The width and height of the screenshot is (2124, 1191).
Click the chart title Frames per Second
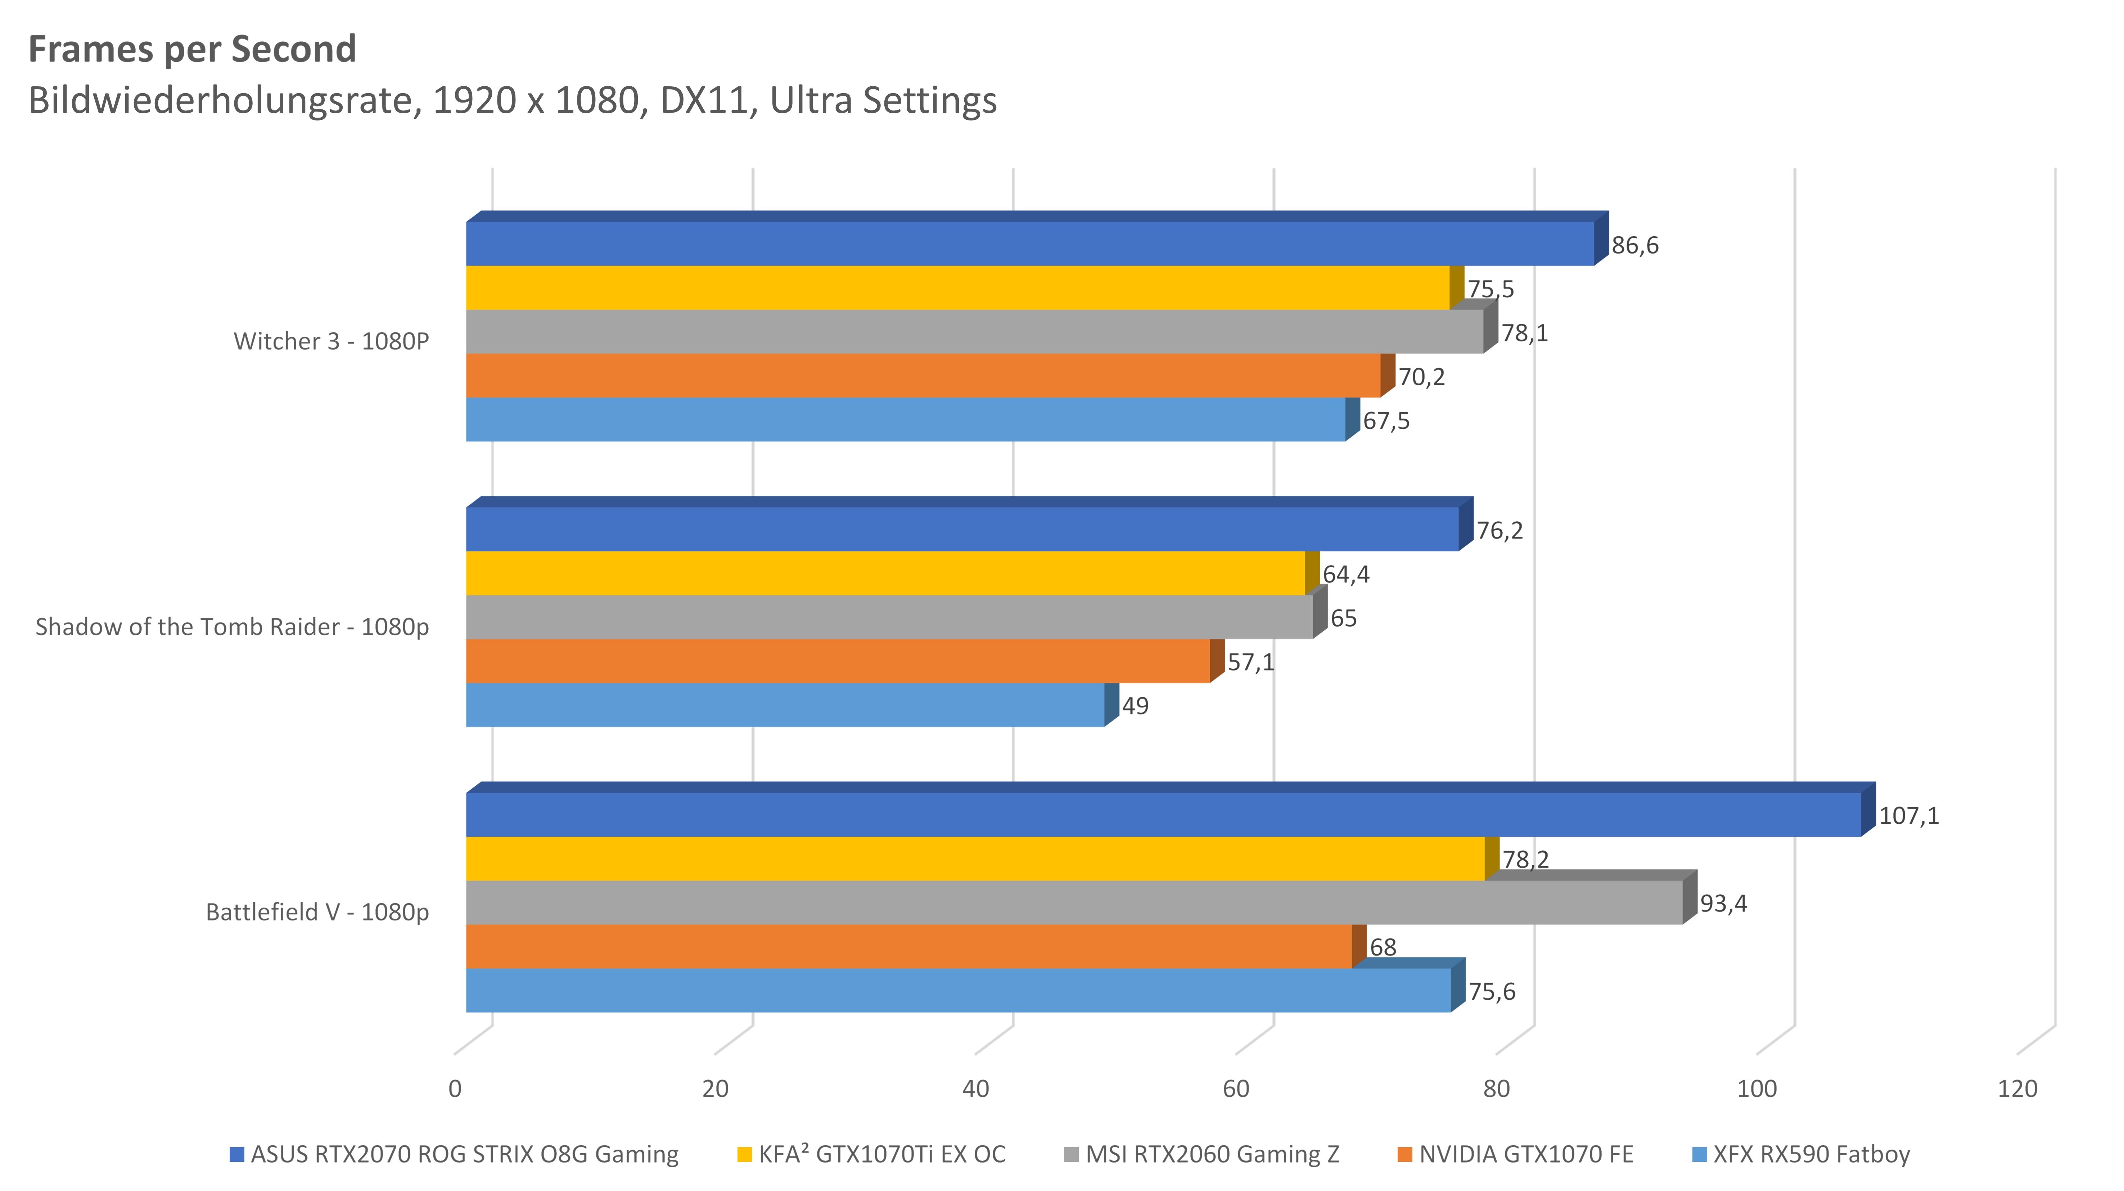click(192, 49)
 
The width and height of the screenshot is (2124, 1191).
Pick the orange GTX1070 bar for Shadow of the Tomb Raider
click(837, 661)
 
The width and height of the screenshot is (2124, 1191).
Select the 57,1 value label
click(1250, 663)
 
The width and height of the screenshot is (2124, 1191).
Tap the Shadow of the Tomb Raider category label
click(232, 627)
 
